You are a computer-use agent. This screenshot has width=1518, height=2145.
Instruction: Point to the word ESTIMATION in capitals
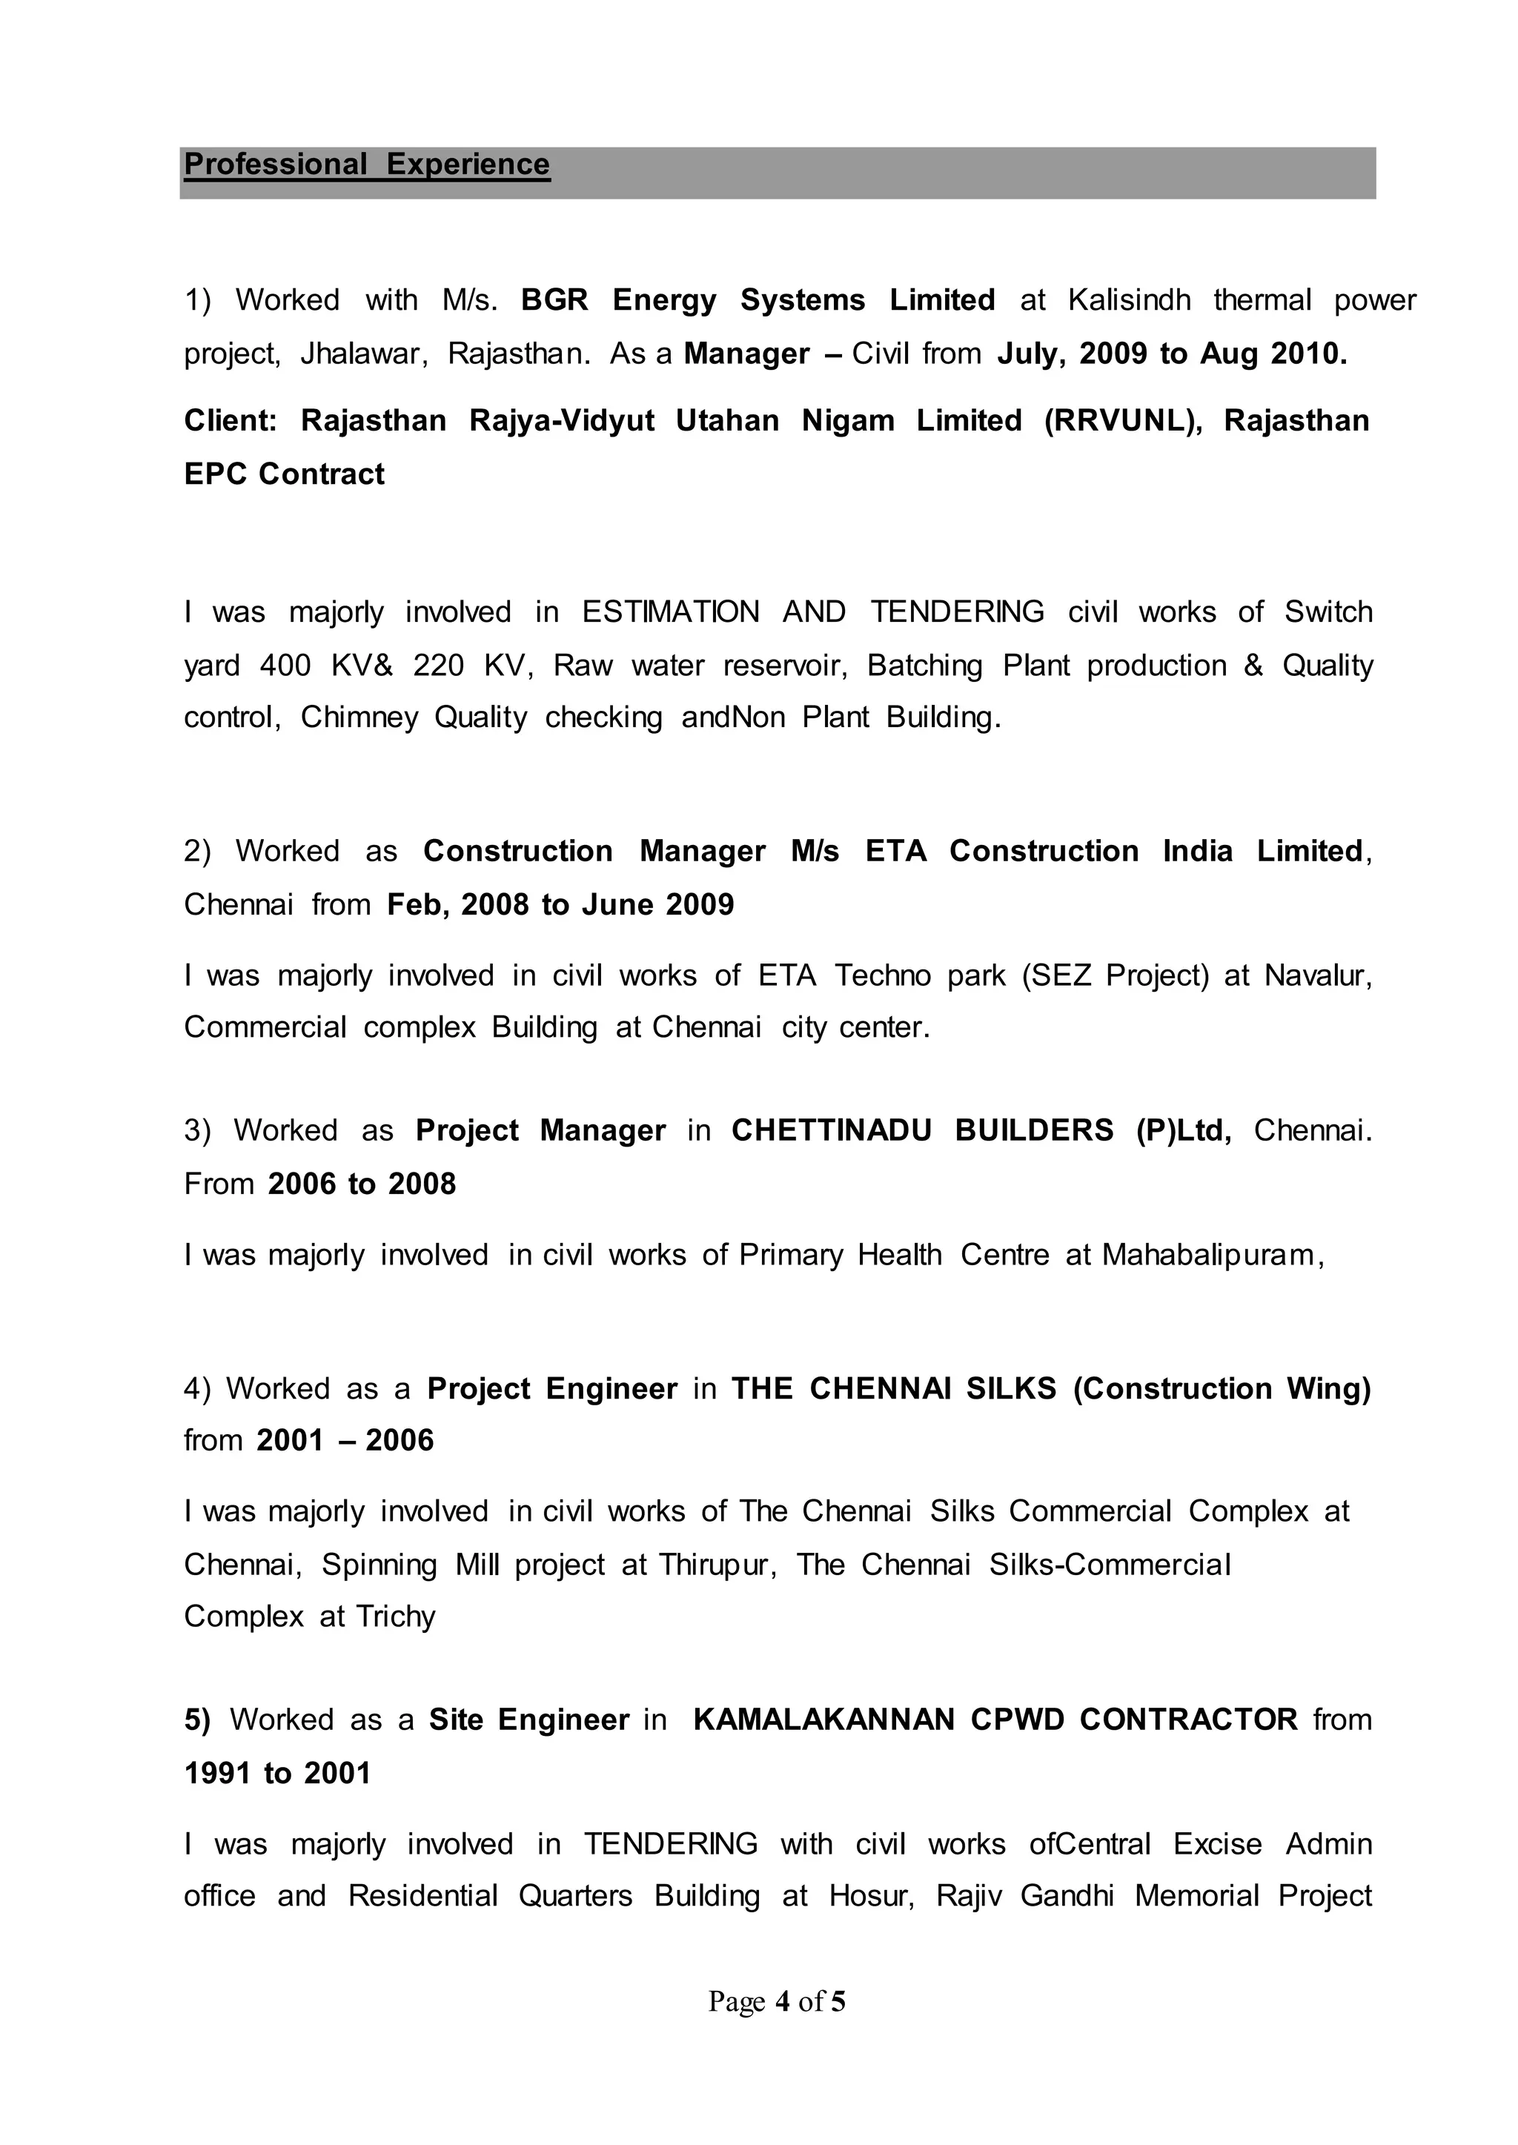coord(670,612)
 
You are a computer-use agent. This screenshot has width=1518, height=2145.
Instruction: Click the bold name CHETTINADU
coord(831,1131)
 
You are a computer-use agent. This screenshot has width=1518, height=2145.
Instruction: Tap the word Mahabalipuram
coord(1213,1256)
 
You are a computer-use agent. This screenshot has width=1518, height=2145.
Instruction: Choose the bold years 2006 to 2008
coord(362,1184)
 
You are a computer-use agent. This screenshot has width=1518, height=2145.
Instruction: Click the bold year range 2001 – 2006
coord(345,1440)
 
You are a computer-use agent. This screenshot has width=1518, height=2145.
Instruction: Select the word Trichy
coord(395,1617)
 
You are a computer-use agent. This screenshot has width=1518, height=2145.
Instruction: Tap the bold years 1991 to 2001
coord(278,1774)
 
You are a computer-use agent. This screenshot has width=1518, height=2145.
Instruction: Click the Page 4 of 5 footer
coord(777,2001)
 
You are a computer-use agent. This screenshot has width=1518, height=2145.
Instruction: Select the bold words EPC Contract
coord(284,475)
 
